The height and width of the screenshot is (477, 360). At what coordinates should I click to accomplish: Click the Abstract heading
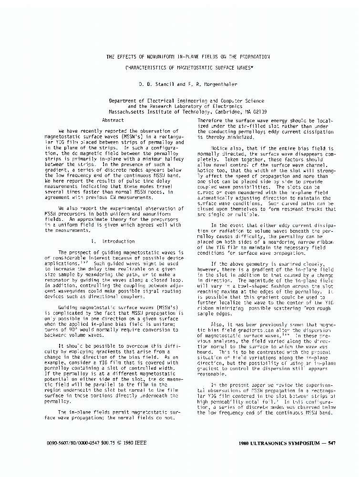113,121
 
